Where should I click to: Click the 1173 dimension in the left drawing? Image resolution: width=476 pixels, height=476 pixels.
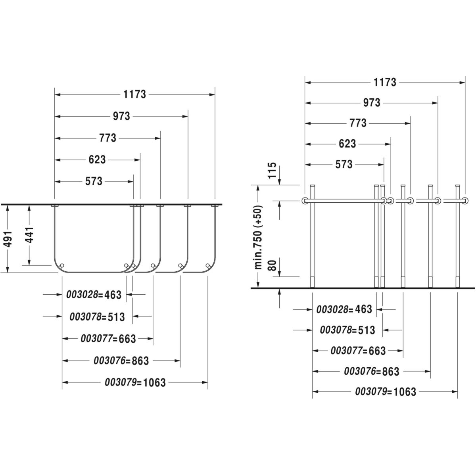(x=134, y=94)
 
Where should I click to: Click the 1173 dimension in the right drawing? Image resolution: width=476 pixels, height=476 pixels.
(x=385, y=82)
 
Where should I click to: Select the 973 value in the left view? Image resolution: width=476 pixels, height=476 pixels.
(x=121, y=116)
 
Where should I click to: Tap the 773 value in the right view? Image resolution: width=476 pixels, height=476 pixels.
(x=358, y=123)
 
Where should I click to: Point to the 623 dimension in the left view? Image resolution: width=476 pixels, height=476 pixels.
(x=97, y=159)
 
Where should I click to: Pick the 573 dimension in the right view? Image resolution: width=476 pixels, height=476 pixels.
(x=344, y=164)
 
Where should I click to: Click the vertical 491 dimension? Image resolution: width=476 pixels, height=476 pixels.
(x=8, y=239)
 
